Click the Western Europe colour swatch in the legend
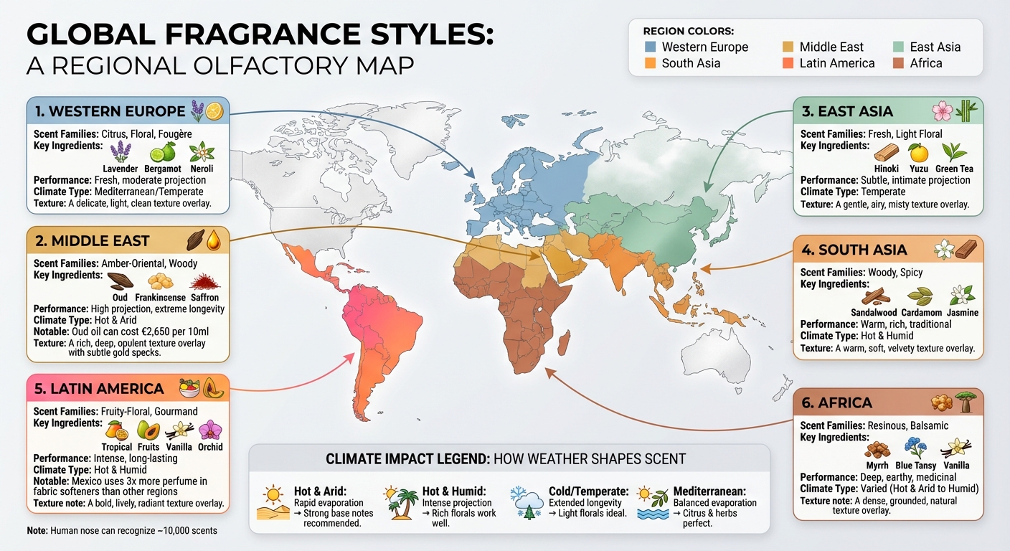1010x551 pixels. click(651, 47)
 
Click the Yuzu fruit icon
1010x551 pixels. click(918, 152)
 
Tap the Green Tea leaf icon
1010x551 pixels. click(953, 152)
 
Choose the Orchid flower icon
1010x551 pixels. click(210, 430)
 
